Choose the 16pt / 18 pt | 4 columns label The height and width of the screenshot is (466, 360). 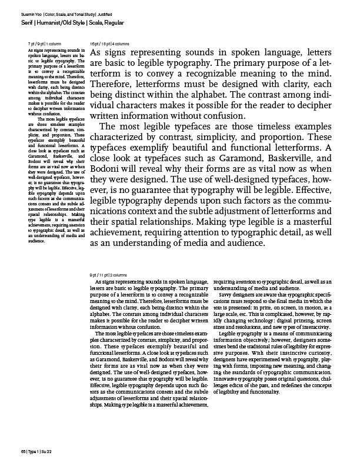point(109,45)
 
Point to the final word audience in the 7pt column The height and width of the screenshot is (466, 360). point(37,241)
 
